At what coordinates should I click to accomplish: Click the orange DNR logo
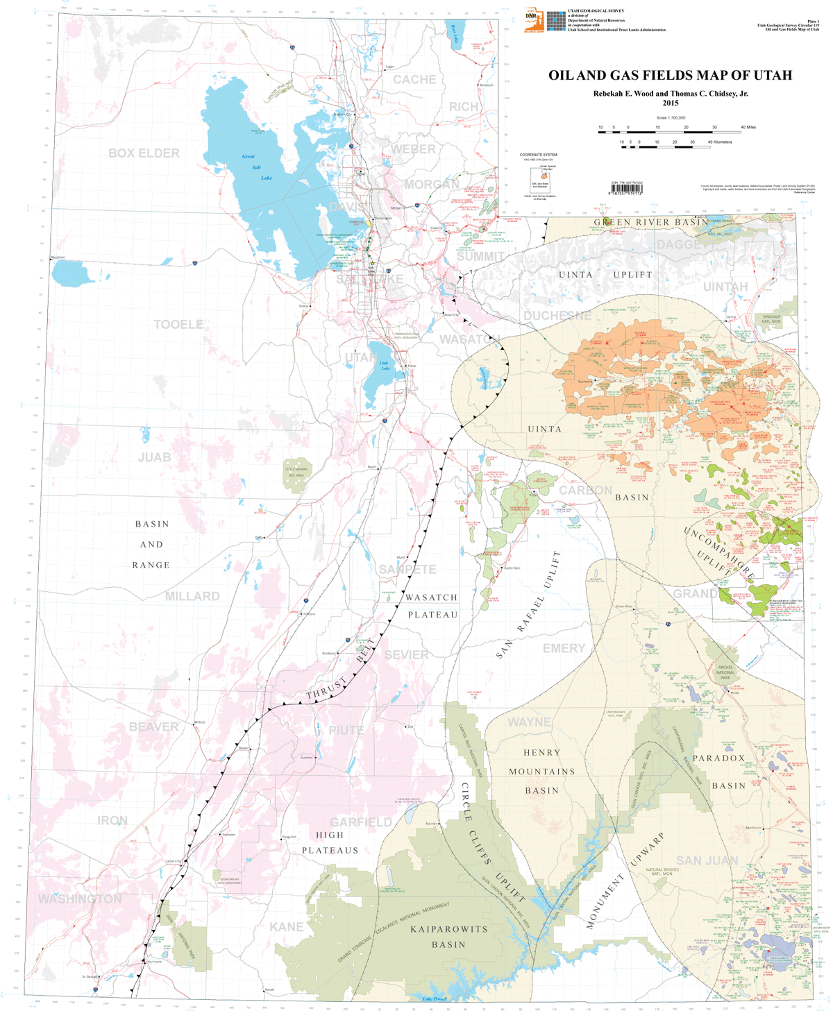(x=534, y=21)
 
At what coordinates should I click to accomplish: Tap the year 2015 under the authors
(x=670, y=103)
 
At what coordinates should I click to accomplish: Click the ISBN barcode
(x=626, y=188)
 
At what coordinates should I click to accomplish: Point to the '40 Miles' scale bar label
(x=748, y=127)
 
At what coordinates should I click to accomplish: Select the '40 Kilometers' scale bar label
(x=719, y=142)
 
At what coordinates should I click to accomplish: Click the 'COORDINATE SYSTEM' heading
(x=538, y=155)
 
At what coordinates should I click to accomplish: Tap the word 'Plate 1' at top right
(x=812, y=22)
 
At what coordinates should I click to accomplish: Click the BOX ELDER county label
(x=144, y=153)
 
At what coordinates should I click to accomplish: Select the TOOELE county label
(x=178, y=324)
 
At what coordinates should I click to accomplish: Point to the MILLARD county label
(x=192, y=596)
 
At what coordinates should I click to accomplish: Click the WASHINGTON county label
(x=80, y=899)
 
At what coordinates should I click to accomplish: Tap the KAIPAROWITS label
(x=448, y=928)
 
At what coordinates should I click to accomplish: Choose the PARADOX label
(x=718, y=758)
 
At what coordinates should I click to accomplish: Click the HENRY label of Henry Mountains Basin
(x=541, y=752)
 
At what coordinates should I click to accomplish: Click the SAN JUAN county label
(x=707, y=860)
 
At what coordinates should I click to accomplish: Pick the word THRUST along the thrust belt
(x=326, y=688)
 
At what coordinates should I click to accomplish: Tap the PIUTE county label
(x=346, y=730)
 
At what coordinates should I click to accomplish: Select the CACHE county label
(x=414, y=80)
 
